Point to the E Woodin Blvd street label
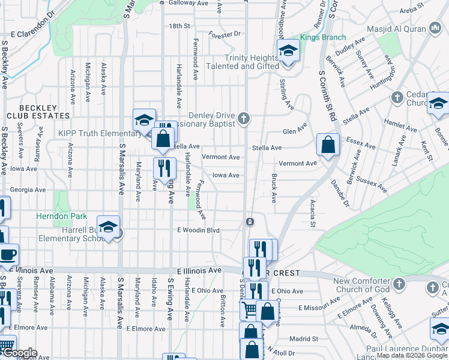tap(199, 230)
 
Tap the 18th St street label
tap(179, 26)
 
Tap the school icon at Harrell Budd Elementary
tap(108, 227)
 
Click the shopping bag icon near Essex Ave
tap(328, 145)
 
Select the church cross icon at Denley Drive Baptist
tap(244, 118)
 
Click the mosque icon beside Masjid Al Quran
tap(436, 28)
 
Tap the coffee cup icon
tap(7, 254)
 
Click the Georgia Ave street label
tap(28, 190)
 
